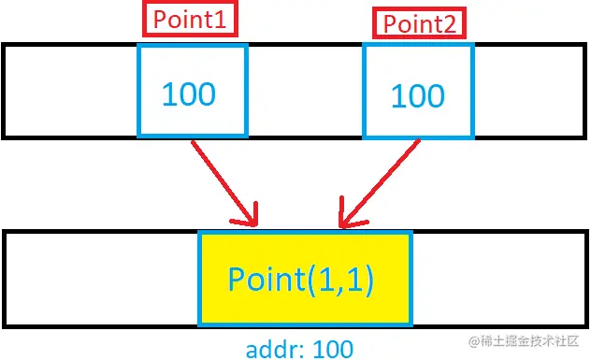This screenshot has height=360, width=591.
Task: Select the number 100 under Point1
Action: point(189,94)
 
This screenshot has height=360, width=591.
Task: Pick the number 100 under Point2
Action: point(416,95)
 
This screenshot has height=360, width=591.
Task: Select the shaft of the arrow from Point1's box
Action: point(221,178)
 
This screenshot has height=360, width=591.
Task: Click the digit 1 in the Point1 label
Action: point(223,20)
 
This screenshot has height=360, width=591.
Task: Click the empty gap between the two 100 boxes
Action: point(305,91)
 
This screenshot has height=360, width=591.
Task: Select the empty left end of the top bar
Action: point(71,91)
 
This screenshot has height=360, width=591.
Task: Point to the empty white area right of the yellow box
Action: point(496,278)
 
